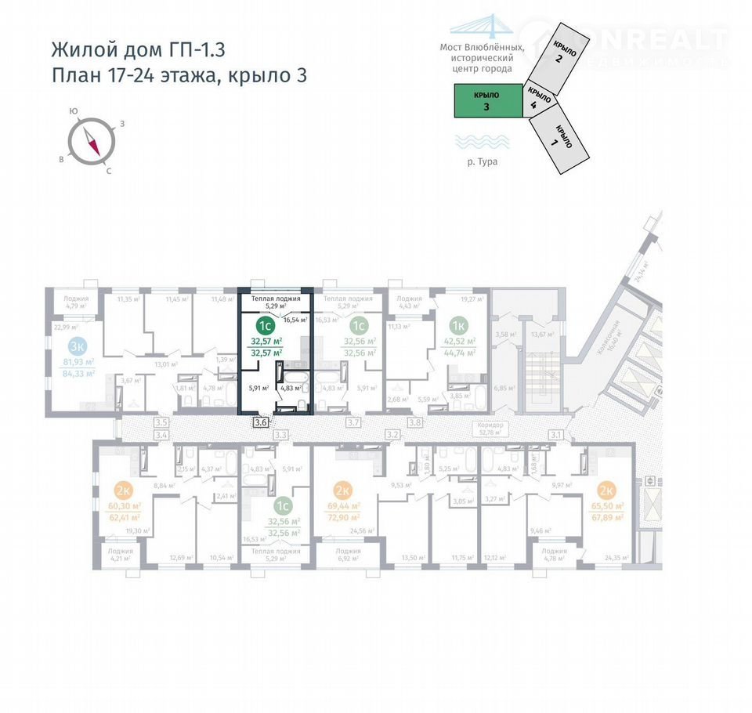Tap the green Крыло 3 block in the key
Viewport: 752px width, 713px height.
coord(487,102)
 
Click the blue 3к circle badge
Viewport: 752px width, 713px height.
coord(77,346)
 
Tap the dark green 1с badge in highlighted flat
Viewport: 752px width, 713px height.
coord(266,324)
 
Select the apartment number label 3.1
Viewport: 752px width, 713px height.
coord(558,433)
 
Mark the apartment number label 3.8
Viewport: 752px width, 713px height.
coord(415,422)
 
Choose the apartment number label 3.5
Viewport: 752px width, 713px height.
coord(161,422)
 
